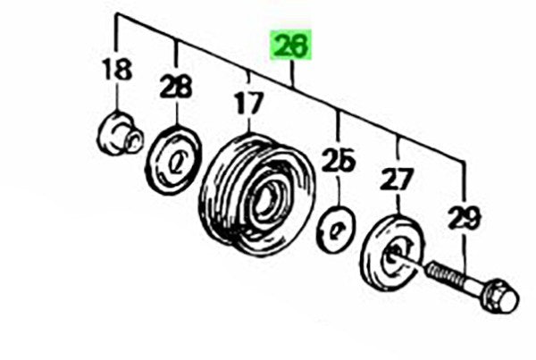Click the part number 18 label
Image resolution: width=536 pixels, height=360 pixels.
click(x=117, y=69)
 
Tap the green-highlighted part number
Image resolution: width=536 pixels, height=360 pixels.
click(x=291, y=44)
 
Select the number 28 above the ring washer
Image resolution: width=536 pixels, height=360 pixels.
click(x=176, y=87)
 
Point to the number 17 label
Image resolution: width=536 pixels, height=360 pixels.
click(x=250, y=103)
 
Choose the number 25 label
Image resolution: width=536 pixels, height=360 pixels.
click(x=339, y=160)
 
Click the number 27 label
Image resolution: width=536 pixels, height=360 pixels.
click(x=398, y=179)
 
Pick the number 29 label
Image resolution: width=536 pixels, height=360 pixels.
click(x=465, y=217)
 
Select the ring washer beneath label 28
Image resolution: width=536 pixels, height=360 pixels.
click(x=173, y=160)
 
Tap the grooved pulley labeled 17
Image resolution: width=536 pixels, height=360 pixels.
click(x=257, y=195)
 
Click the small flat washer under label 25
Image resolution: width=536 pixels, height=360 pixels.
click(x=337, y=230)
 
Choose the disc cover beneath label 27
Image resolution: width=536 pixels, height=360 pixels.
click(x=392, y=253)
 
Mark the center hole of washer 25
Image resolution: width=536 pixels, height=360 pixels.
click(x=335, y=230)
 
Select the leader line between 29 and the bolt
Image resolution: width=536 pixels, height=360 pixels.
click(x=465, y=252)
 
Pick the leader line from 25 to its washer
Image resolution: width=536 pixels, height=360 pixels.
click(x=339, y=189)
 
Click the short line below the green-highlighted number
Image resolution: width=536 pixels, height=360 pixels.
click(x=291, y=72)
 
